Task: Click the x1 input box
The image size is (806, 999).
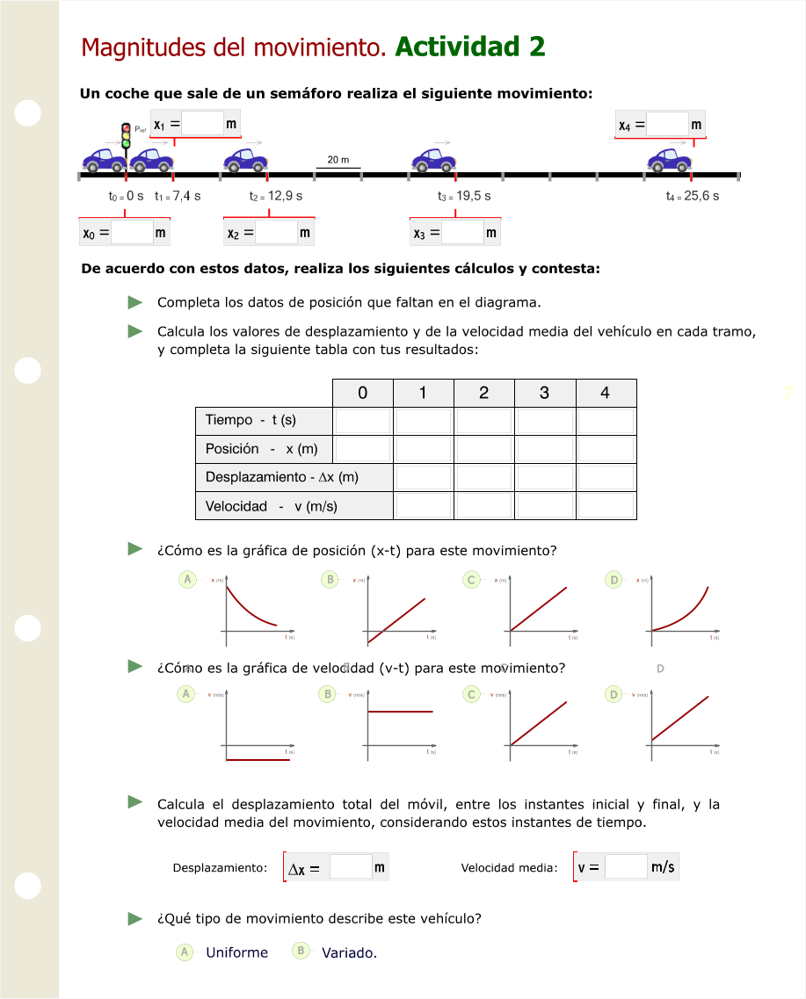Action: click(203, 124)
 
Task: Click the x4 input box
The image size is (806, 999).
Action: click(667, 125)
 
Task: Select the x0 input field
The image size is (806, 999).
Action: click(132, 233)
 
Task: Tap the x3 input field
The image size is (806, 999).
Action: click(462, 233)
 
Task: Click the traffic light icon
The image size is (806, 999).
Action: click(126, 136)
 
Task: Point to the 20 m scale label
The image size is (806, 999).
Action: click(338, 160)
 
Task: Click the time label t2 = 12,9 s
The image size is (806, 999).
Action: click(276, 196)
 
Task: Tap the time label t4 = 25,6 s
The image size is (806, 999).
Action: click(693, 196)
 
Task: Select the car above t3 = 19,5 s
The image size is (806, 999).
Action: click(433, 160)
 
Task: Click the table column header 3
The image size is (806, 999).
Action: click(544, 393)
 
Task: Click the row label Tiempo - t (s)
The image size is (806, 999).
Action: click(251, 420)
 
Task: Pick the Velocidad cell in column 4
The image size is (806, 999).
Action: click(606, 505)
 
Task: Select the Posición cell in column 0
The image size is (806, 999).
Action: click(362, 449)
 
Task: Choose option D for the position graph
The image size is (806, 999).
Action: click(615, 580)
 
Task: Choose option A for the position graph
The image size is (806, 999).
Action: click(186, 580)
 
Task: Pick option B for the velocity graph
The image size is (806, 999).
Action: click(328, 694)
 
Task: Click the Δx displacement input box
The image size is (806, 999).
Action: click(351, 867)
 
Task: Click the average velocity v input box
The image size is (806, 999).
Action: click(626, 867)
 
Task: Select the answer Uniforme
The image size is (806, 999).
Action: click(236, 952)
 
